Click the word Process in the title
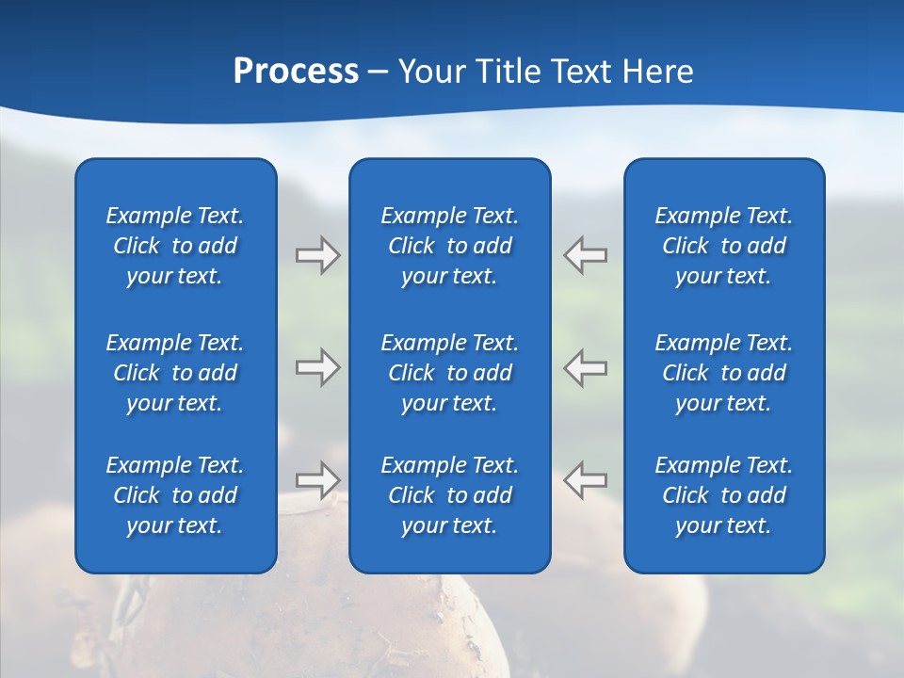[x=296, y=73]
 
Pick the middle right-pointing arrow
[x=317, y=367]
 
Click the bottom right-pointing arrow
[x=317, y=479]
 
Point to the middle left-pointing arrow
[x=586, y=367]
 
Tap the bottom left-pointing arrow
[x=586, y=479]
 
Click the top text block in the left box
[x=175, y=246]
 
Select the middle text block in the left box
[x=175, y=373]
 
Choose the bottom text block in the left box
[x=175, y=495]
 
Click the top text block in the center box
[x=450, y=246]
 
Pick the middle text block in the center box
[x=450, y=373]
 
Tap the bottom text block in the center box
[x=450, y=495]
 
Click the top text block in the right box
[x=724, y=246]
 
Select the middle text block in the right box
[x=724, y=373]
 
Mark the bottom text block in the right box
[x=724, y=495]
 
